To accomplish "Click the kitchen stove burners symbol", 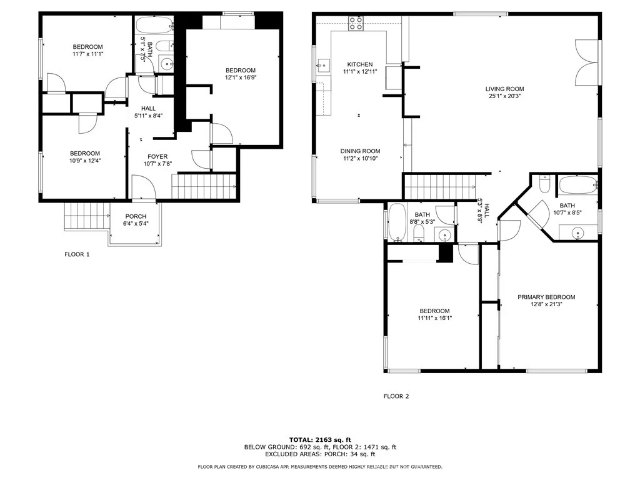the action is pos(356,24).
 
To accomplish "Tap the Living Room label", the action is pos(504,89).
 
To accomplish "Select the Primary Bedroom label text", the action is pos(546,297).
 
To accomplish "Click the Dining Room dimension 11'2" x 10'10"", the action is pos(360,158).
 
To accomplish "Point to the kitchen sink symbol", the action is pos(323,66).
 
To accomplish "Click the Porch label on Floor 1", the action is pos(136,216).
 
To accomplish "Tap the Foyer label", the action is pos(157,157).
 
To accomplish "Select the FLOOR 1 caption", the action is pos(77,254).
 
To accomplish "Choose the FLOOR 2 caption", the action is pos(396,396).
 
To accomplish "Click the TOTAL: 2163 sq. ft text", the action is pos(320,439).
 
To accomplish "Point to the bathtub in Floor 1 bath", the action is pos(155,26).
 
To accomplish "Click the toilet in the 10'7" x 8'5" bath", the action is pos(544,184).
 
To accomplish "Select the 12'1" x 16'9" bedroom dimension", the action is pos(241,77).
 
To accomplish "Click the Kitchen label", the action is pos(360,64).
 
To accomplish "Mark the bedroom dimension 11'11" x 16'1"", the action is pos(435,318).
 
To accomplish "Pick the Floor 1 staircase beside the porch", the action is pos(87,217).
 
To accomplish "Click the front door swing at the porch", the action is pos(143,187).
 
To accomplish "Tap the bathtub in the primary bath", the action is pos(577,185).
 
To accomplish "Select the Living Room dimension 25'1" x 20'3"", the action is pos(504,96).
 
